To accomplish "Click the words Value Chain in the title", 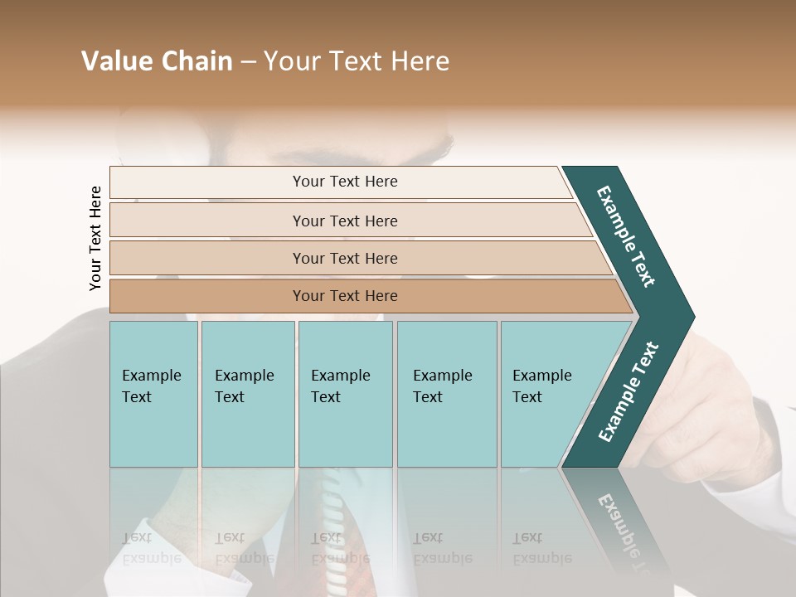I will pos(157,61).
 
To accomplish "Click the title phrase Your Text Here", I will pos(357,61).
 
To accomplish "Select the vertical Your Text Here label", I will pos(95,238).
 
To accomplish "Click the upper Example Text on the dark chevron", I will pos(626,236).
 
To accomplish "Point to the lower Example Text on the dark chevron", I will pos(629,391).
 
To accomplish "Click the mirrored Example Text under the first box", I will pos(151,548).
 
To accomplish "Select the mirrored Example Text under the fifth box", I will pos(541,548).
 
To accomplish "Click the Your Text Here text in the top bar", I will pos(345,182).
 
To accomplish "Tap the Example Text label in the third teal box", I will pos(340,386).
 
